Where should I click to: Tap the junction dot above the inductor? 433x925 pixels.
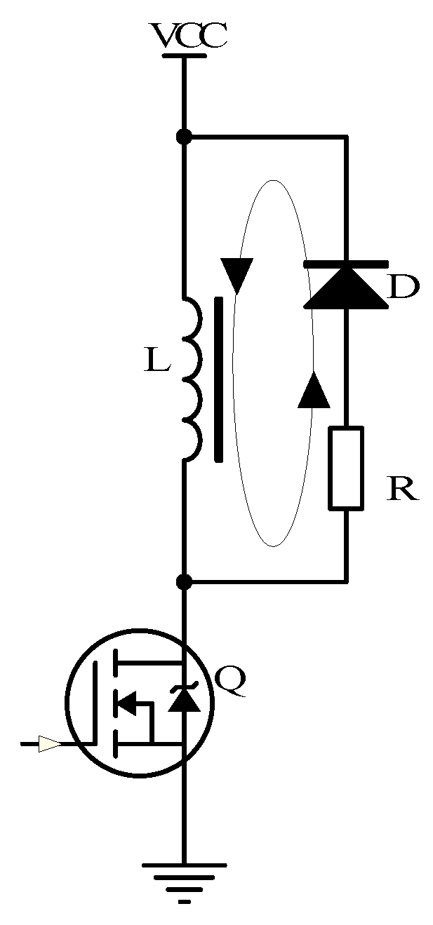click(184, 137)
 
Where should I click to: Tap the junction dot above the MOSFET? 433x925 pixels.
click(184, 581)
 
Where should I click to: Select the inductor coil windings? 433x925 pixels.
click(192, 379)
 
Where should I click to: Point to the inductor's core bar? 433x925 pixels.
click(219, 379)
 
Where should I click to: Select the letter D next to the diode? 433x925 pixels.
click(403, 288)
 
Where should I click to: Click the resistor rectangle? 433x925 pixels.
click(347, 467)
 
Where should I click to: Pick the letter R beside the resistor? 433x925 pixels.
click(403, 489)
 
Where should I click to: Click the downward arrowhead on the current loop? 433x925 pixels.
click(237, 275)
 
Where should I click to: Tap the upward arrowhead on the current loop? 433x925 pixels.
click(314, 390)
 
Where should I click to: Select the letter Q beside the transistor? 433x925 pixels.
click(229, 682)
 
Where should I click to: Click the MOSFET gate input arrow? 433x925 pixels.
click(49, 743)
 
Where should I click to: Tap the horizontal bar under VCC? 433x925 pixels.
click(184, 54)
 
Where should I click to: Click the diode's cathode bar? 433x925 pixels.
click(346, 264)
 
